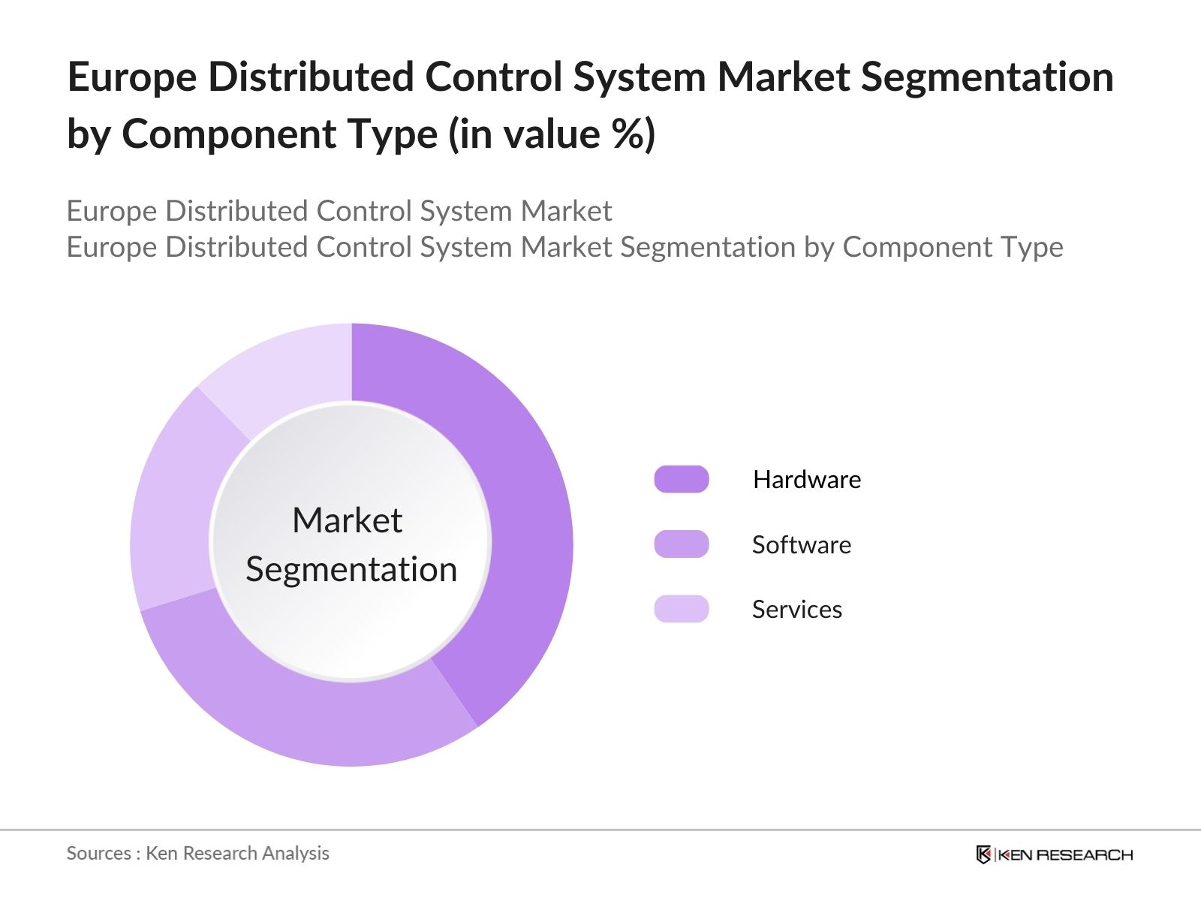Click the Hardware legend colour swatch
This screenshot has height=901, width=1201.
(681, 479)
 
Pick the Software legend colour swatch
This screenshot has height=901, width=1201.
(681, 544)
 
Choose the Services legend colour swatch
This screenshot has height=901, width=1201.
(681, 609)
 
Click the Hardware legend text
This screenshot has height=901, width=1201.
(807, 479)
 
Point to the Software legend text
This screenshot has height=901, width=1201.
(801, 544)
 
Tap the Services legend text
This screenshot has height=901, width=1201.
(796, 609)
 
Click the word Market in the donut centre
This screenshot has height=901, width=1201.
(347, 520)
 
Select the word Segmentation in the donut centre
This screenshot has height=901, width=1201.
(351, 569)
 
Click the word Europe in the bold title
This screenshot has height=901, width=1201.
(131, 77)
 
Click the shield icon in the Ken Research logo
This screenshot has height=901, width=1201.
(983, 854)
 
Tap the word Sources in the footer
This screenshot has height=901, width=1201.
(99, 853)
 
